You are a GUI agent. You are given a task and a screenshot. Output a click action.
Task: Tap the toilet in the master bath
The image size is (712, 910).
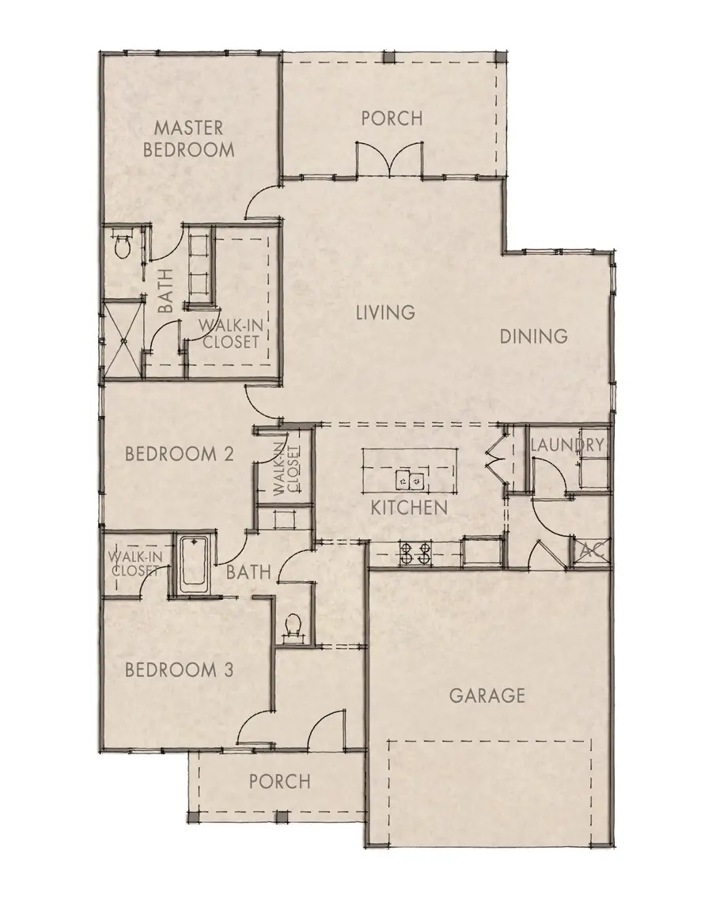123,247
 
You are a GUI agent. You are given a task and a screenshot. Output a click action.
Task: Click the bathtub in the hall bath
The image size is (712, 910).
192,565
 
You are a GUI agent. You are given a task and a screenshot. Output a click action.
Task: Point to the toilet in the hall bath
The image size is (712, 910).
293,628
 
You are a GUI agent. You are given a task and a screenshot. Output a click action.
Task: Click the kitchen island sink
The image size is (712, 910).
409,479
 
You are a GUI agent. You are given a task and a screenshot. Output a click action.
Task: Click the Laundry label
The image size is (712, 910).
567,445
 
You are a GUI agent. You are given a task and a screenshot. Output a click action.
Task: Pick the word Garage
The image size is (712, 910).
487,696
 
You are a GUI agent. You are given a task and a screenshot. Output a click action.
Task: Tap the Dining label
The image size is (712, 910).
533,336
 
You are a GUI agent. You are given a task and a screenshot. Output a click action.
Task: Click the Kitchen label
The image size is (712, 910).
409,508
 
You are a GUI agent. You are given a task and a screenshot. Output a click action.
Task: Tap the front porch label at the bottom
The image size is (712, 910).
279,781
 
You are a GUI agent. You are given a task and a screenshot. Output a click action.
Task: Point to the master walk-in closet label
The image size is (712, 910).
229,333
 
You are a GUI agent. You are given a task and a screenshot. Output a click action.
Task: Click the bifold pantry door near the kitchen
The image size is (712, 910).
495,459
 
